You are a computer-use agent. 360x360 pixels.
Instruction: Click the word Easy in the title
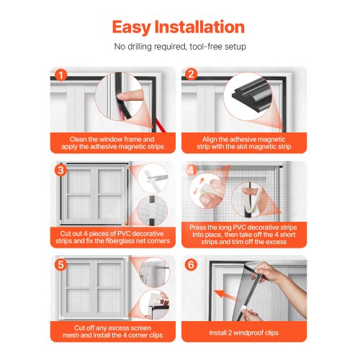point(131,27)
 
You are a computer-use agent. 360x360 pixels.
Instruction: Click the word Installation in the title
point(199,27)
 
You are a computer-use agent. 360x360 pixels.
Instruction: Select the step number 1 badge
point(60,75)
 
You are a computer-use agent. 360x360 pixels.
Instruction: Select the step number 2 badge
point(191,74)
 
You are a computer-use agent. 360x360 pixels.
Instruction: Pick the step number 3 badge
point(60,170)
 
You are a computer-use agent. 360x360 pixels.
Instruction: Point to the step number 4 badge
point(191,170)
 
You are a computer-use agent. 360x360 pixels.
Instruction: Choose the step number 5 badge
point(60,264)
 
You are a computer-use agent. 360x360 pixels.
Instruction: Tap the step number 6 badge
point(191,264)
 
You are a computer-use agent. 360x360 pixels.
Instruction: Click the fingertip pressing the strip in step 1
point(124,96)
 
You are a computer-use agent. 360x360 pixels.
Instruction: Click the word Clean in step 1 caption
point(78,139)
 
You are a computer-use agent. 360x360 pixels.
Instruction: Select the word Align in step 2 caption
point(210,139)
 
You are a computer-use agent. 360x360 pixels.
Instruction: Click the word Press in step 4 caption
point(197,228)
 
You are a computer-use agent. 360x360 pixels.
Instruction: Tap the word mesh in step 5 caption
point(71,336)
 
